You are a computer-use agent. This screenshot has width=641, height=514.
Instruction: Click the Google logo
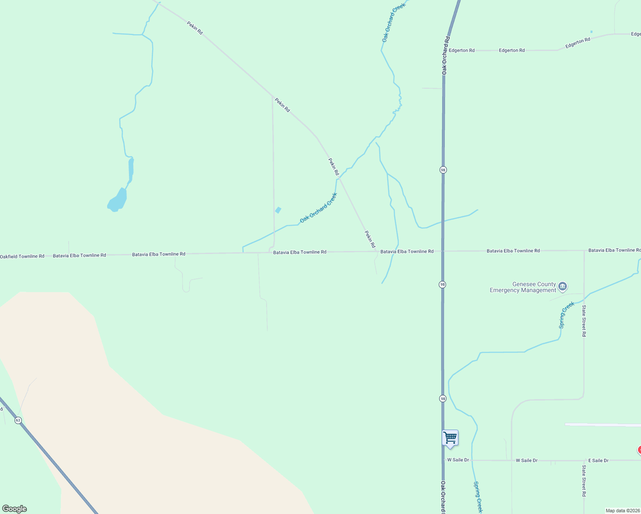tap(15, 509)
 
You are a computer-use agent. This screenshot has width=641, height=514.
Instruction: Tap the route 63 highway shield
tap(18, 420)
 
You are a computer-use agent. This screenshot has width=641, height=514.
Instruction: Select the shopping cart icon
tap(450, 438)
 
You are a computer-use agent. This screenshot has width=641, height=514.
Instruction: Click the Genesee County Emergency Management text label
tap(523, 287)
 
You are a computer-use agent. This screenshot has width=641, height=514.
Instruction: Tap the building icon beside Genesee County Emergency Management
tap(563, 286)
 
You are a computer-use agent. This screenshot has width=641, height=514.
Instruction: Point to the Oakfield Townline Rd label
tap(22, 256)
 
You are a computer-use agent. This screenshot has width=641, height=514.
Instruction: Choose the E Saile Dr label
tap(598, 460)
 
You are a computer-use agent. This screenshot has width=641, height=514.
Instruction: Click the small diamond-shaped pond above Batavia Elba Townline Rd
tap(278, 210)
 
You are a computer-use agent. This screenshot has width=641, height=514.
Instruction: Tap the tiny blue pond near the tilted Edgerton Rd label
tap(591, 32)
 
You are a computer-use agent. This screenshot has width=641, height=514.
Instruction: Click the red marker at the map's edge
tap(639, 450)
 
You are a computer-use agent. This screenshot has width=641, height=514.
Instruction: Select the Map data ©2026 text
tap(623, 511)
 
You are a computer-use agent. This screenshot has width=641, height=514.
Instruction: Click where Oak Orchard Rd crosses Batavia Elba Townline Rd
tap(443, 251)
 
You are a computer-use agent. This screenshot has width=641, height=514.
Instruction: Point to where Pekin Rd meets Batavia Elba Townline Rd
tap(377, 251)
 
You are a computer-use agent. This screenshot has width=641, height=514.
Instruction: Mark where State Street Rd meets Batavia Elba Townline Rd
tap(584, 251)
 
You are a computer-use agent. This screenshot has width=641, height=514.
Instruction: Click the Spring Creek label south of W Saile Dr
tap(478, 497)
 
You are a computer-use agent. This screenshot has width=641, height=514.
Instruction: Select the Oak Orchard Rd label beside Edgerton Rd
tap(445, 55)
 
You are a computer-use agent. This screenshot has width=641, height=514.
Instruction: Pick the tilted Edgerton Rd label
tap(578, 43)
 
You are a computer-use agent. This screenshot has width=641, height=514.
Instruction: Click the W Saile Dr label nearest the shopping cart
tap(458, 460)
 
